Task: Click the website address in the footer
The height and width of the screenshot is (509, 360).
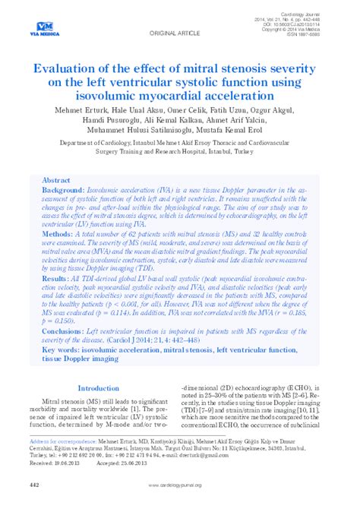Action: (180, 485)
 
